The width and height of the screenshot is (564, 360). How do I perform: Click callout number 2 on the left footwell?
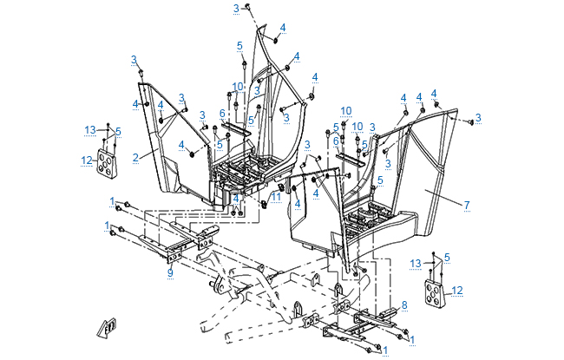coord(136,157)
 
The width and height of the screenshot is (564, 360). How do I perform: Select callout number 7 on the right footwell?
coord(491,205)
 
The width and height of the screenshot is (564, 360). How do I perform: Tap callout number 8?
coord(403,304)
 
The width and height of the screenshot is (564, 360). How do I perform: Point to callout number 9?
coord(170,273)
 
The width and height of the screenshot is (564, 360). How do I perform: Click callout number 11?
coord(277,197)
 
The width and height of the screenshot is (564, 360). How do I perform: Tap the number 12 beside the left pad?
coord(87,160)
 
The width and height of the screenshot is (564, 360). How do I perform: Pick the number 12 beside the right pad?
coord(457,290)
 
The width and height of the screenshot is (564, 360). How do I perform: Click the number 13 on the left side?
coord(90,129)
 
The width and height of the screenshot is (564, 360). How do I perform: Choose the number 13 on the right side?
coord(416,263)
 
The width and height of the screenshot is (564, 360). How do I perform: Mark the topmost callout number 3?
coord(236,8)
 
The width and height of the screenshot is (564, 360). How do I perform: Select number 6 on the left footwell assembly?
coord(222,113)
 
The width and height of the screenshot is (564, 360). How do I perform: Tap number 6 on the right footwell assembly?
coord(336,141)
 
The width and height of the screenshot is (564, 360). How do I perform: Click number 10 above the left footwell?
coord(238,87)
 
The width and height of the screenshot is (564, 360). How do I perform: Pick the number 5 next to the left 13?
coord(118,131)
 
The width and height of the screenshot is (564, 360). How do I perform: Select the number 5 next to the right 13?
coord(447,257)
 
